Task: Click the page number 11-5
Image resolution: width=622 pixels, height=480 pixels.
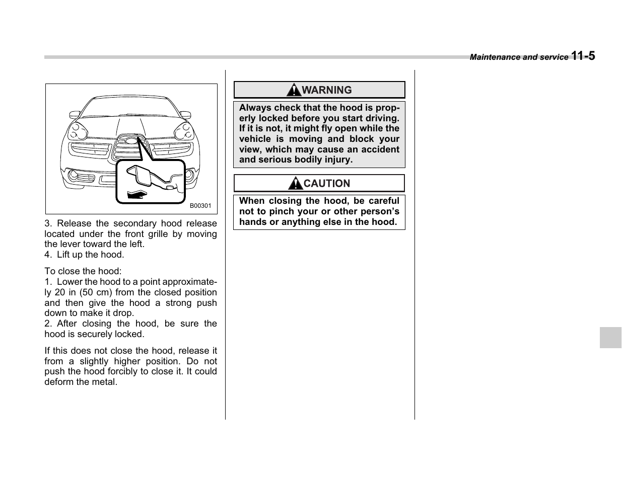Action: pyautogui.click(x=583, y=56)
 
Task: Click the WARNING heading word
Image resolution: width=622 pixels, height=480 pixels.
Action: pyautogui.click(x=327, y=90)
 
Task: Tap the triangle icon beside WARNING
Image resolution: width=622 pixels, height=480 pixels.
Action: pyautogui.click(x=294, y=91)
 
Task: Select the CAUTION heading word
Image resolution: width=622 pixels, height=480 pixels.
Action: pyautogui.click(x=326, y=184)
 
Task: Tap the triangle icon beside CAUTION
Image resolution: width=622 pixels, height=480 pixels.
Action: pyautogui.click(x=296, y=184)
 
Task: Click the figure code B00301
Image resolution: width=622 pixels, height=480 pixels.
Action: pyautogui.click(x=200, y=206)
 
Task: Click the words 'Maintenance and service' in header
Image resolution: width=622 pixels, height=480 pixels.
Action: pyautogui.click(x=519, y=57)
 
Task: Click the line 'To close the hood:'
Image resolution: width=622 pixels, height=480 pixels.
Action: pyautogui.click(x=83, y=271)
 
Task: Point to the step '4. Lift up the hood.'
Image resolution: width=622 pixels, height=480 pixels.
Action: pyautogui.click(x=84, y=255)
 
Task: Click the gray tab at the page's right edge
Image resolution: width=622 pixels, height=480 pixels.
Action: pyautogui.click(x=610, y=337)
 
